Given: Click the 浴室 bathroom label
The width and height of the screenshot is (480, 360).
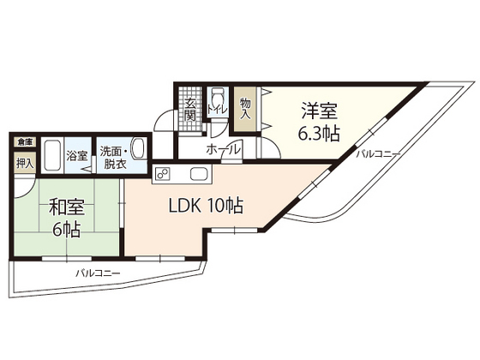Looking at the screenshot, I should click(77, 156).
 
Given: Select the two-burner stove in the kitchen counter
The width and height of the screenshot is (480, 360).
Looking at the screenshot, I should click(164, 176).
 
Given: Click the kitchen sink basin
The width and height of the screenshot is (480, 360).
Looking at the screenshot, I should click(198, 177).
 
